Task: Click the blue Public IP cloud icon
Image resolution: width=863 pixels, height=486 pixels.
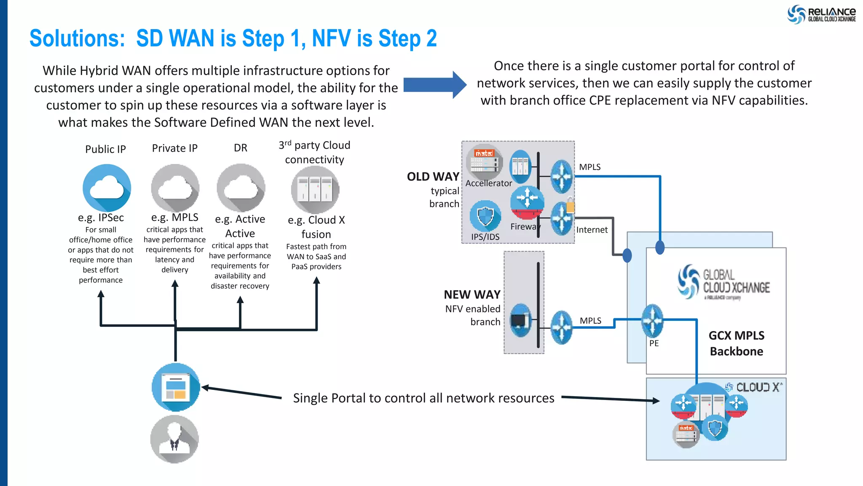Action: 107,188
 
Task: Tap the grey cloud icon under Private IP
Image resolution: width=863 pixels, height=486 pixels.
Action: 175,188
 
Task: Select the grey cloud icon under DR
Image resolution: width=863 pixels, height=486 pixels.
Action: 241,188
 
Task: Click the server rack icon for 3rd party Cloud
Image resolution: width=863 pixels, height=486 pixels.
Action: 315,190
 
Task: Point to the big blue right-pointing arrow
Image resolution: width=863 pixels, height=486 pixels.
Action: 434,85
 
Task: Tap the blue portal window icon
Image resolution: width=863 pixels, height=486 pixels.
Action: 176,387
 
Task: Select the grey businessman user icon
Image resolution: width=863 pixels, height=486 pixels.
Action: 174,439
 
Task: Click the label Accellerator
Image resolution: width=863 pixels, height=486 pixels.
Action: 488,183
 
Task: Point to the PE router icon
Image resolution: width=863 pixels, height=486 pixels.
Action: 652,321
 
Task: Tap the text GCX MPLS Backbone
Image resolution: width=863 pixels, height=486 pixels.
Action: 736,343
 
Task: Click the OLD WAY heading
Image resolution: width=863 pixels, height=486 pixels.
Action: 433,177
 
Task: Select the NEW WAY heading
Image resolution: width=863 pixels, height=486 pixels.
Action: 472,294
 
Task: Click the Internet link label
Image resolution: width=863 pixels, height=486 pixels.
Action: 592,230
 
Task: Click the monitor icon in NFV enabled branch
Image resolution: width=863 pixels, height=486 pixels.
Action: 520,321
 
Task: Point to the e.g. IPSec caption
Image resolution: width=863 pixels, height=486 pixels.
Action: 101,217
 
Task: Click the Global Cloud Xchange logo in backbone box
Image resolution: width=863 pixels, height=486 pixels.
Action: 724,282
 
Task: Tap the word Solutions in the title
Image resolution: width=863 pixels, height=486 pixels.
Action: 77,39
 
